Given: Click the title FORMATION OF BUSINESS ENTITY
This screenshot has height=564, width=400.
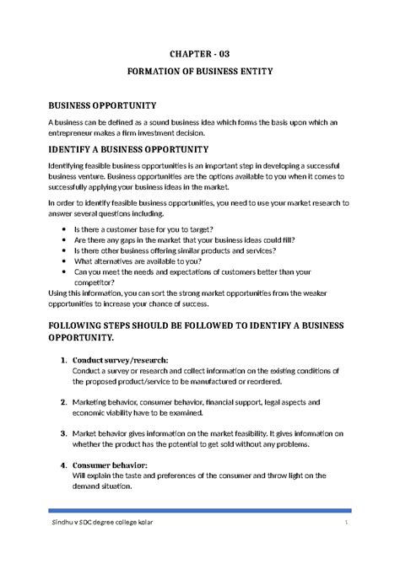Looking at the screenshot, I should click(199, 72).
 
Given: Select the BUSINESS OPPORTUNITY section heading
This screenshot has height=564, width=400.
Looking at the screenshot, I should click(101, 105).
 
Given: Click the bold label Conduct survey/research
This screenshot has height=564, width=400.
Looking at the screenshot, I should click(121, 360).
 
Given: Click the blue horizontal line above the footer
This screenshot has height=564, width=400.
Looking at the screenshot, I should click(199, 512).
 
